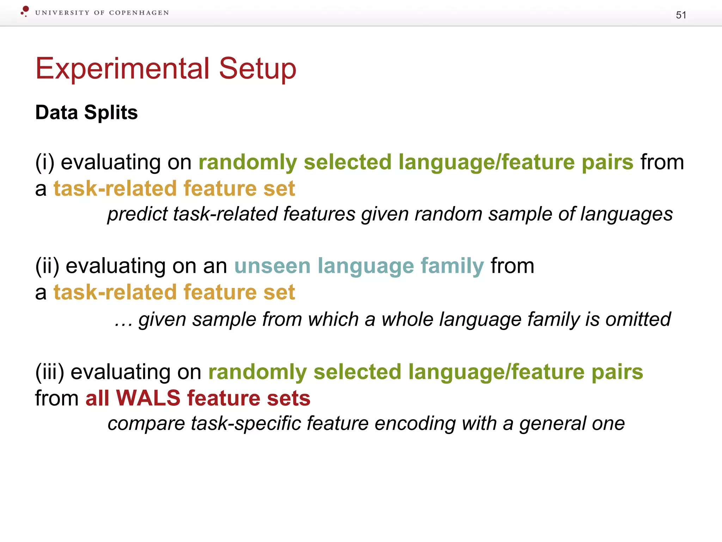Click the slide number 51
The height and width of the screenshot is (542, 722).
coord(681,15)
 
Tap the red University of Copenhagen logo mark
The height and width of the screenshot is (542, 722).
coord(25,11)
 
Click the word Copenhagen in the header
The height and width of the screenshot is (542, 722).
coord(139,13)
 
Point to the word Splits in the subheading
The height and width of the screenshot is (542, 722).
coord(111,113)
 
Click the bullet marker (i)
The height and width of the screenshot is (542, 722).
coord(45,162)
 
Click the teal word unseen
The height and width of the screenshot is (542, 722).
coord(272,266)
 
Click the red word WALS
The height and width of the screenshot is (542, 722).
coord(148,398)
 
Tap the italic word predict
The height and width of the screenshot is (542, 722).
coord(137,214)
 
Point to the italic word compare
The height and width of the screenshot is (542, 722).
coord(146,423)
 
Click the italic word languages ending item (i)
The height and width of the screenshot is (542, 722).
coord(626,214)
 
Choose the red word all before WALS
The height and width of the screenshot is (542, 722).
coord(97,398)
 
